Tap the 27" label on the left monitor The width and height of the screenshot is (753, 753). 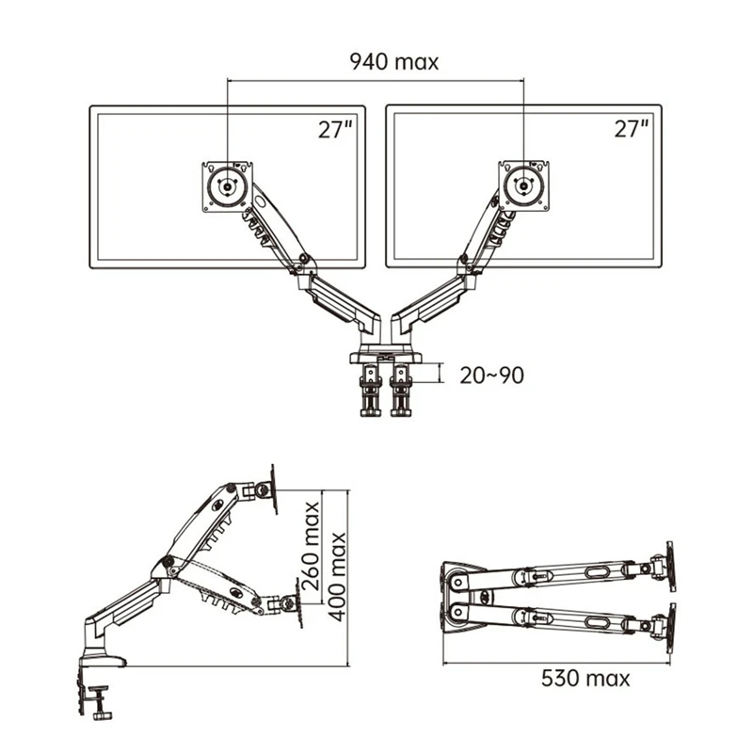(x=334, y=129)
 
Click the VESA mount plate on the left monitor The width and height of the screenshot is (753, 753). (x=227, y=186)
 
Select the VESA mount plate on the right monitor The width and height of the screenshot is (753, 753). (x=522, y=186)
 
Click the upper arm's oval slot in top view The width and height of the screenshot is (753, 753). (x=599, y=571)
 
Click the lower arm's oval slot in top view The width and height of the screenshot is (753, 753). (x=599, y=622)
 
